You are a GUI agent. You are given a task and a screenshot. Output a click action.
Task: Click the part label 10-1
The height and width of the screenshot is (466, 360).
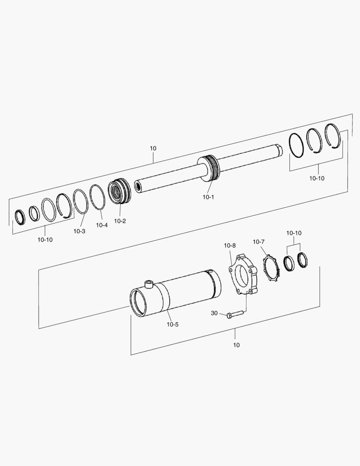208,197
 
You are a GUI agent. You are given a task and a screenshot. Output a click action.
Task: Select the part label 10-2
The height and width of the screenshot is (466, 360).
120,221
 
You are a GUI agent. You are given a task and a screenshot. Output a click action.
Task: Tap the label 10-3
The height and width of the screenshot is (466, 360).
79,231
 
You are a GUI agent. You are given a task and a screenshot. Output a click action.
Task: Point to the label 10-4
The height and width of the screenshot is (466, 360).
102,225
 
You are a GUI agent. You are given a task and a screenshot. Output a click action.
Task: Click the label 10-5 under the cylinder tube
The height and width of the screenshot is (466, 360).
172,324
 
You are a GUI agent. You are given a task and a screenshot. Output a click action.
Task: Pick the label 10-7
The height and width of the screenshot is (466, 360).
259,242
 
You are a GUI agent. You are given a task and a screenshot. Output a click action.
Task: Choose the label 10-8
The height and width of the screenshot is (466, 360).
230,246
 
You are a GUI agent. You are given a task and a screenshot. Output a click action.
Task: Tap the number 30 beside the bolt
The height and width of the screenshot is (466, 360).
214,313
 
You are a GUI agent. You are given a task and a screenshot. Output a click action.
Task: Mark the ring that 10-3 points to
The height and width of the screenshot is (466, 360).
81,202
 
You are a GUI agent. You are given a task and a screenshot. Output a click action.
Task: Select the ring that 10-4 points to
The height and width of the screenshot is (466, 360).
97,197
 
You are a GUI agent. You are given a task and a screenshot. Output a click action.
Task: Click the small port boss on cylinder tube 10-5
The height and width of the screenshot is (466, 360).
149,284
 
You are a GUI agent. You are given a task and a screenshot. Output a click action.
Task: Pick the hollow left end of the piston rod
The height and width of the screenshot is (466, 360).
138,186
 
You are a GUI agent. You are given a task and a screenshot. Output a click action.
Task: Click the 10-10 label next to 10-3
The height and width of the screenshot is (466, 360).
45,239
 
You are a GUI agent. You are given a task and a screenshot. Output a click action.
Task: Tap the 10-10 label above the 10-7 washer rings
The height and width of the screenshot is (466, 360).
294,233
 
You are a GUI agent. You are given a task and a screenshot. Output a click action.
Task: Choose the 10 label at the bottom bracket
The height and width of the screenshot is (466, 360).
236,345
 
